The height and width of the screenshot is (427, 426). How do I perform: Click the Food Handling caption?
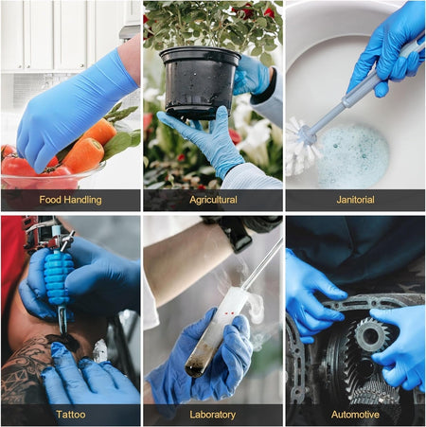[x=70, y=201]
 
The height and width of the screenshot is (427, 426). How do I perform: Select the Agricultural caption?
[x=212, y=201]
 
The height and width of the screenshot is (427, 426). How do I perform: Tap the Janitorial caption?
[x=355, y=201]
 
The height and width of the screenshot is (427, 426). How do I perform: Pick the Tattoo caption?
[x=70, y=415]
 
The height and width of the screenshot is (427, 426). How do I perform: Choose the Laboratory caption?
[x=212, y=415]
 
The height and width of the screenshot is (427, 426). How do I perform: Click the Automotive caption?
[x=355, y=415]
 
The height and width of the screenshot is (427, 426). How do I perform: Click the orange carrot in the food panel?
[x=85, y=153]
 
